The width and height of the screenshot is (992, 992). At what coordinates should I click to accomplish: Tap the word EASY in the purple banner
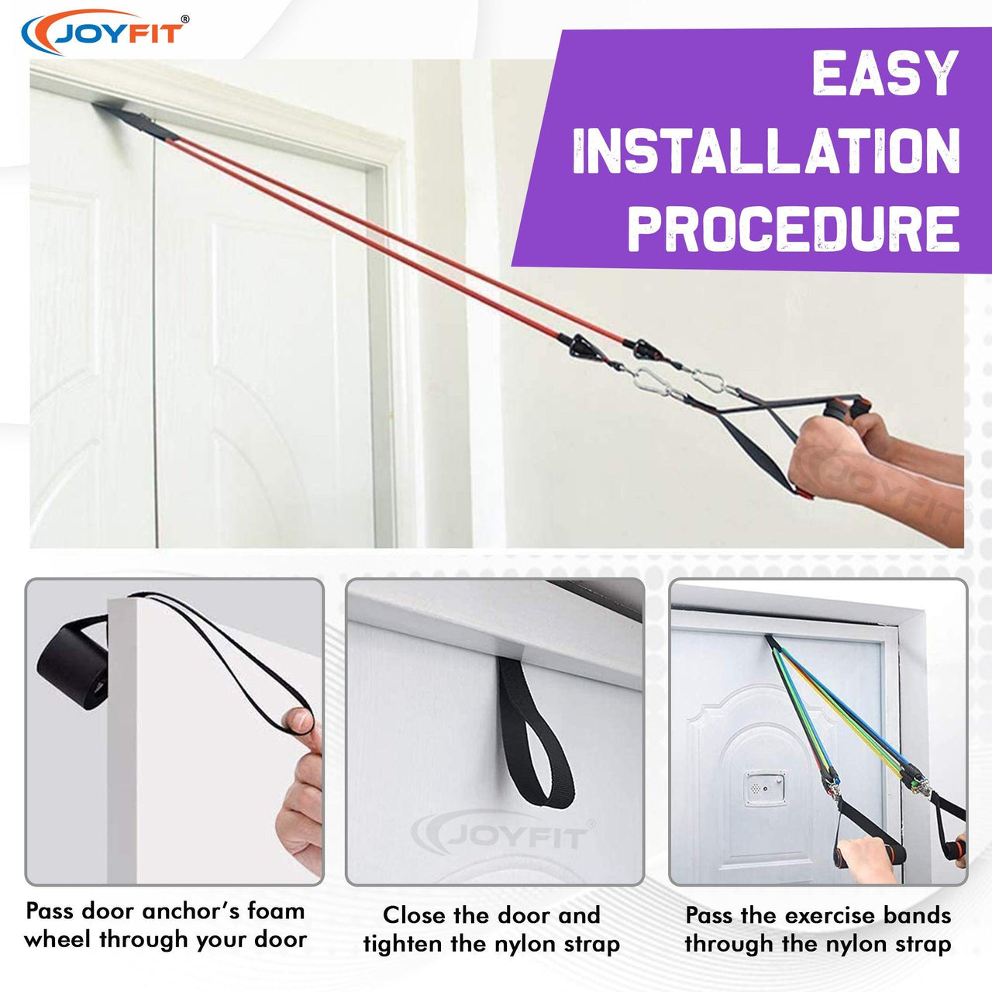pyautogui.click(x=885, y=73)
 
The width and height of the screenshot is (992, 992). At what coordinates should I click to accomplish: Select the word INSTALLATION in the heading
pyautogui.click(x=766, y=151)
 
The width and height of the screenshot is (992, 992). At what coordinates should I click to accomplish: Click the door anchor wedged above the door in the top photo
pyautogui.click(x=136, y=122)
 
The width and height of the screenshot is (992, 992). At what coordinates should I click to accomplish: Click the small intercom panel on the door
pyautogui.click(x=766, y=788)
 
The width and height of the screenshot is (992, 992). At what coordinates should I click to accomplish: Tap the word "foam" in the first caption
pyautogui.click(x=276, y=911)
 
